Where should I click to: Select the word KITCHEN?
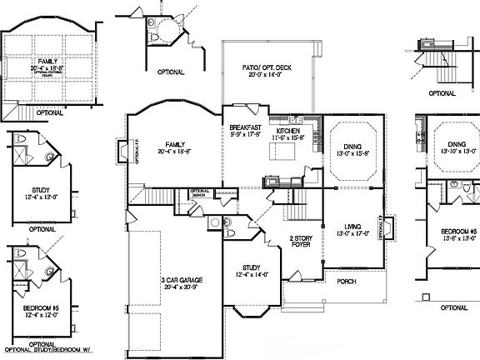coord(288,132)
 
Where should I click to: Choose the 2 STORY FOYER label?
coord(302,242)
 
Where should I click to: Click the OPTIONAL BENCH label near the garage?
coord(200,192)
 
